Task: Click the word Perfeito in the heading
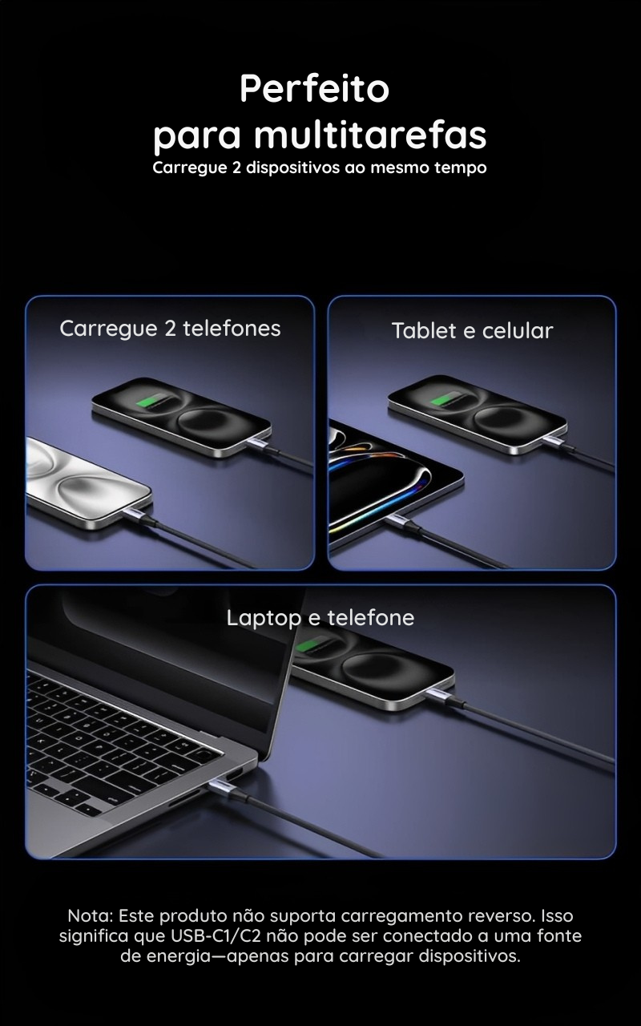[315, 88]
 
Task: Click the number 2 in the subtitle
[236, 168]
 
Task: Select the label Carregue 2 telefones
[170, 329]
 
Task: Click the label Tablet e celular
[472, 331]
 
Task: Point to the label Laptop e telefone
[320, 618]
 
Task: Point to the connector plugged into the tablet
[399, 521]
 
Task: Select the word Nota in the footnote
[90, 916]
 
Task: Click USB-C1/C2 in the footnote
[216, 935]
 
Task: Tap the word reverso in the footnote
[501, 916]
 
